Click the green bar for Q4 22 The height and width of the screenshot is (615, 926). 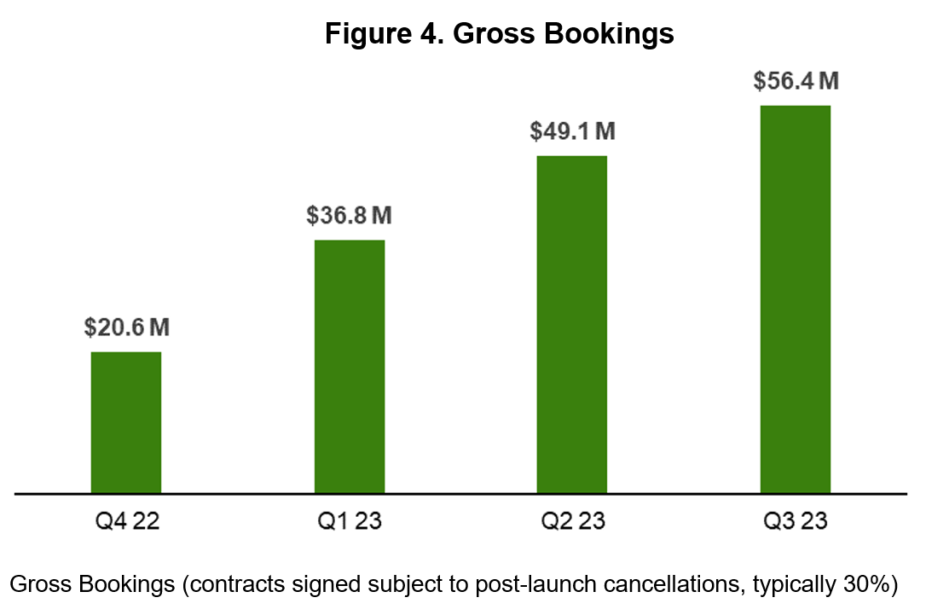126,422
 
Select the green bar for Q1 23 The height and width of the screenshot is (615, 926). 350,367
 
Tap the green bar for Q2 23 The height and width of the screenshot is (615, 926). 571,324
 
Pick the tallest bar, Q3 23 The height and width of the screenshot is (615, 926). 795,299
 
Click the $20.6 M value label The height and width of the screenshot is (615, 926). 127,327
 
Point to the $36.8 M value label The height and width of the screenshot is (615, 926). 350,215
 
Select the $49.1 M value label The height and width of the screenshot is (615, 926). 572,131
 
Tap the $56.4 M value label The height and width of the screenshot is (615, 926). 796,81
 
